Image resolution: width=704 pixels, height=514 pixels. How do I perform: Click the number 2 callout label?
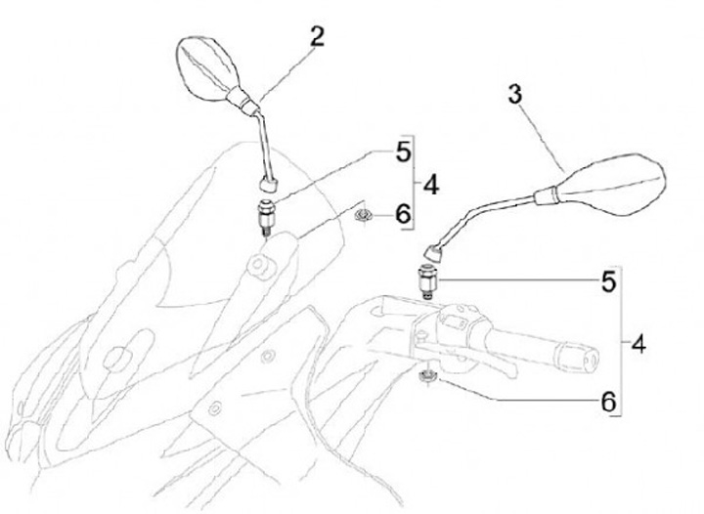click(x=316, y=38)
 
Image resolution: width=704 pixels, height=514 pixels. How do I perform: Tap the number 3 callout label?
click(x=516, y=97)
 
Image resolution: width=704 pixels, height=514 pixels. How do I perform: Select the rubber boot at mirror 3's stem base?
click(x=434, y=252)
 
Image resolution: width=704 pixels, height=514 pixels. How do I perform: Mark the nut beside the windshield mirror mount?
click(x=364, y=214)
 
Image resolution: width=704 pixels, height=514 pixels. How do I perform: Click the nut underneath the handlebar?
click(x=427, y=375)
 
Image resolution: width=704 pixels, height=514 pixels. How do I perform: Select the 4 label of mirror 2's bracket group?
click(x=430, y=185)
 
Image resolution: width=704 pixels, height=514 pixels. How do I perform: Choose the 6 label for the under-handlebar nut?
click(x=607, y=401)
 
